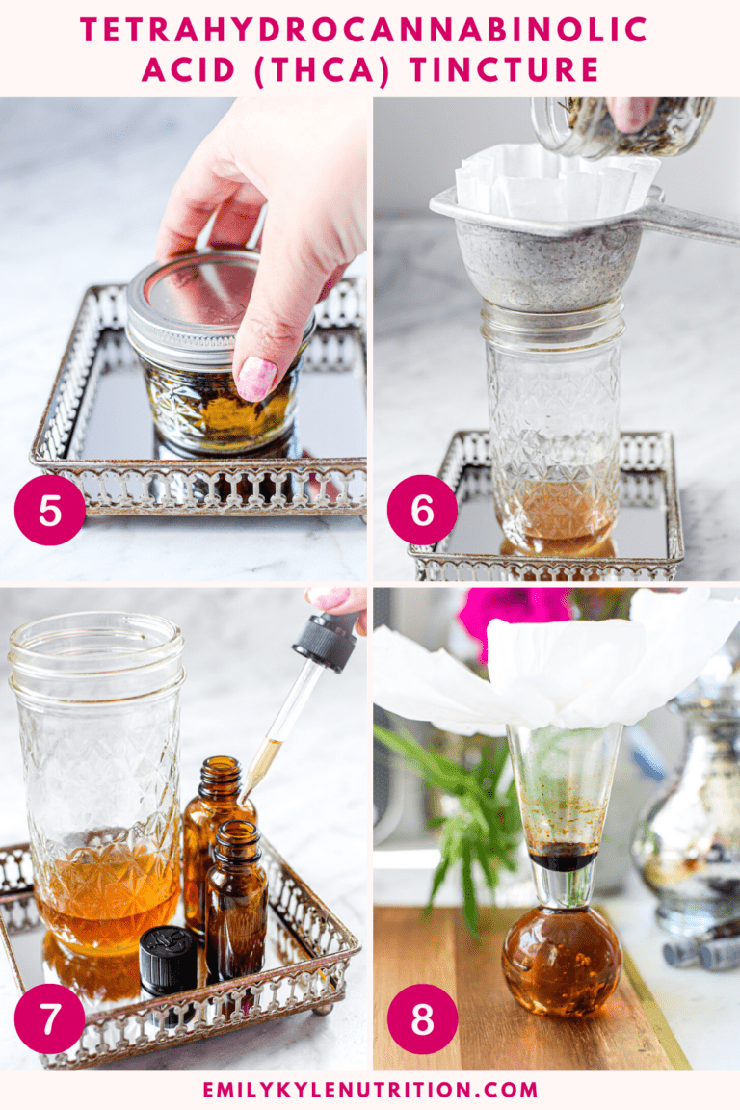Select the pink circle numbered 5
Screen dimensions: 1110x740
(x=50, y=510)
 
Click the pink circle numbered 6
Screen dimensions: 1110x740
(x=422, y=510)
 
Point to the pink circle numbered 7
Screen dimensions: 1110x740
(x=50, y=1017)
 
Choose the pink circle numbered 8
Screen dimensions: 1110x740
(x=422, y=1017)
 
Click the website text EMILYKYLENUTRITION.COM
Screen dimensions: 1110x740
(x=370, y=1090)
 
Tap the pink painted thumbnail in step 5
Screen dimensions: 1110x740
(x=255, y=379)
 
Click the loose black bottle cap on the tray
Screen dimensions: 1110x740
(x=168, y=960)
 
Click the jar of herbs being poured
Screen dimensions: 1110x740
(x=626, y=125)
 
